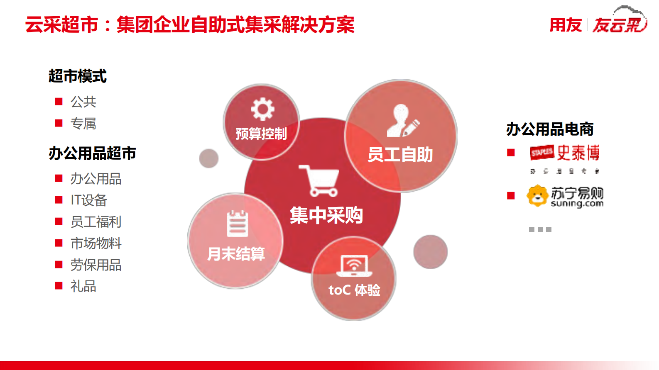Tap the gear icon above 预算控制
click(x=262, y=109)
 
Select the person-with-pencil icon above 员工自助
click(x=402, y=121)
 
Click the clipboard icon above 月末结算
click(x=237, y=224)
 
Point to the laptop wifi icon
click(x=354, y=266)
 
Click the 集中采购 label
click(x=326, y=215)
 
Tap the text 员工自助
click(x=400, y=155)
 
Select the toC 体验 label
click(x=354, y=290)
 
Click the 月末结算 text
click(x=236, y=253)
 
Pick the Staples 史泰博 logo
click(x=565, y=153)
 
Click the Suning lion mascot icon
click(x=537, y=195)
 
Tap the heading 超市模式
click(x=78, y=76)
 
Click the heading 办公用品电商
click(x=550, y=129)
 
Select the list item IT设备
click(x=88, y=200)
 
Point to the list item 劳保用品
click(x=96, y=265)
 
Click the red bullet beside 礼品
click(x=59, y=286)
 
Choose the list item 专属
click(x=83, y=123)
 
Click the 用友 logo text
click(x=565, y=25)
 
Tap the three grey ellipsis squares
click(x=540, y=229)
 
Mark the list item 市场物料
click(x=96, y=243)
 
